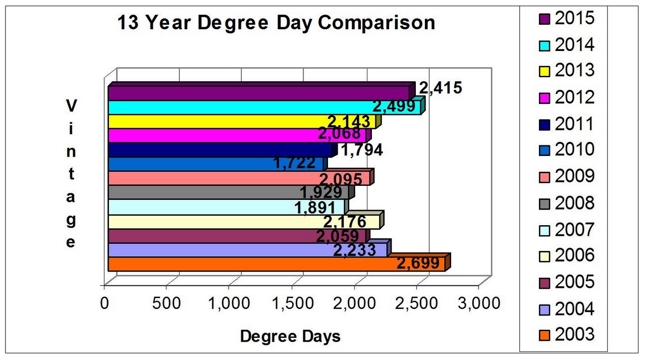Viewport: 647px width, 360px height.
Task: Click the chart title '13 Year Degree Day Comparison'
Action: (x=276, y=23)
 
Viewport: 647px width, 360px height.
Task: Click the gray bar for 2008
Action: (x=202, y=192)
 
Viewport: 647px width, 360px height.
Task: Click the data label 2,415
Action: (x=441, y=88)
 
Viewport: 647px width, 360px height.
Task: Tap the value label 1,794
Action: (x=361, y=149)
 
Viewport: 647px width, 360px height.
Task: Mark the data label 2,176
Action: (x=345, y=221)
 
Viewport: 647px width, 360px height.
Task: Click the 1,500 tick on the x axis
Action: (x=291, y=303)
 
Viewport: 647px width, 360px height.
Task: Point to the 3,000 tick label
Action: (x=478, y=303)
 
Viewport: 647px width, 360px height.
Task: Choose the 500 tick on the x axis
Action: (x=167, y=303)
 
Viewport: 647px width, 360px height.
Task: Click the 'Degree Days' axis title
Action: (x=290, y=336)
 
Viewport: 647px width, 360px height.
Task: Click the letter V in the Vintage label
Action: (x=71, y=106)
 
